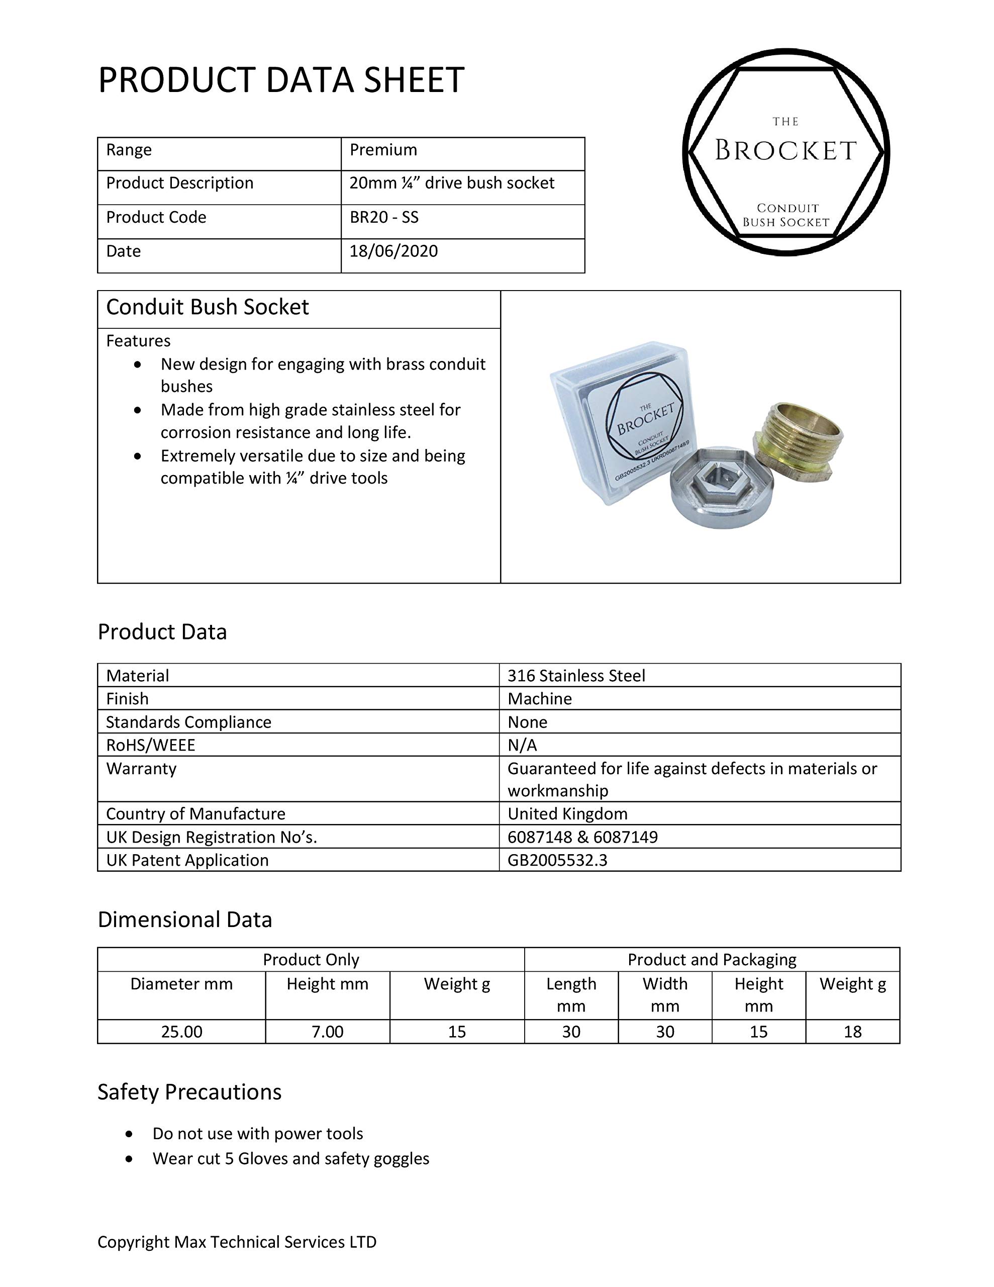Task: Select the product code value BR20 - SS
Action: coord(384,218)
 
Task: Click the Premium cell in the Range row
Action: coord(383,150)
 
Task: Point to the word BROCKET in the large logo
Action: coord(785,151)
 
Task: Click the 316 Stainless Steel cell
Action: coord(576,675)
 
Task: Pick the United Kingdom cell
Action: coord(567,814)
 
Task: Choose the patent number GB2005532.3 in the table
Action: coord(557,860)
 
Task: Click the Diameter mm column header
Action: coord(181,984)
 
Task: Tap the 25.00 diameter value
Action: coord(181,1032)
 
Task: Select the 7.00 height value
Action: coord(328,1032)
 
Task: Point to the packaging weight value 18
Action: coord(853,1032)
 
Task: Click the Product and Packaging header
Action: coord(712,960)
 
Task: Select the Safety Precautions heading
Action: coord(189,1092)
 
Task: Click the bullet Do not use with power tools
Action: coord(257,1134)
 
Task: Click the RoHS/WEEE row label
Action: coord(151,746)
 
